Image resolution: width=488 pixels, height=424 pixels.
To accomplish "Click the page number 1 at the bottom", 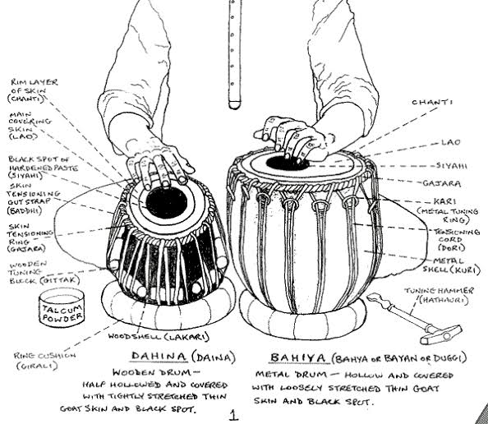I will click(234, 415).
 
